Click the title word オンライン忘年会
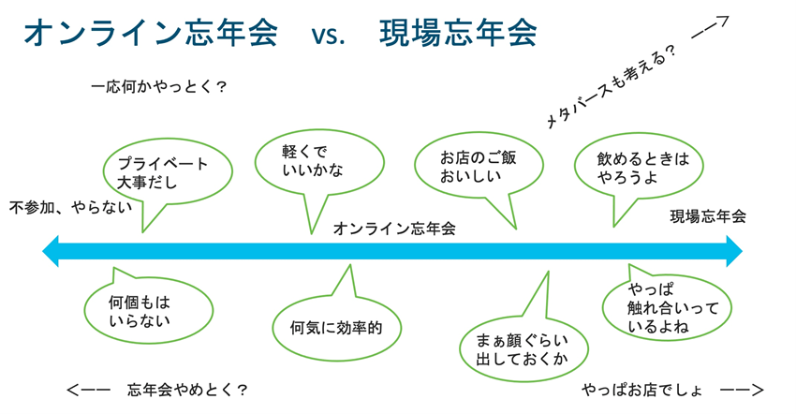pos(150,35)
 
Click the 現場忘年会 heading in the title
pos(458,35)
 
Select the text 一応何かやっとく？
pos(159,89)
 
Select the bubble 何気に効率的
pos(336,328)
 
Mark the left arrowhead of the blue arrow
pos(52,251)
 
